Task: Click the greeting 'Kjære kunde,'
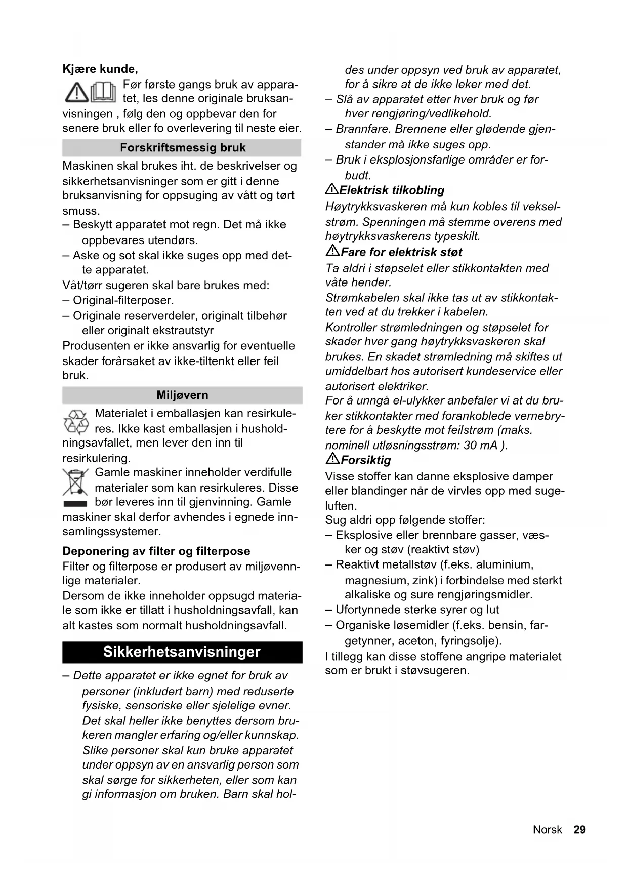point(100,69)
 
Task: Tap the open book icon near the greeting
point(104,92)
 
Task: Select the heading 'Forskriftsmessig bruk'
point(183,148)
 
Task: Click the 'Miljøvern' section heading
point(182,395)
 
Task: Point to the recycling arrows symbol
point(76,422)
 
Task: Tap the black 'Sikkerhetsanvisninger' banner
point(182,652)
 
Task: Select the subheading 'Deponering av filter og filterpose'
point(156,551)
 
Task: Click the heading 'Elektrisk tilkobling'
point(392,190)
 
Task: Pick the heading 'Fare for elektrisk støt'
point(401,252)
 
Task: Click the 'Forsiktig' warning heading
point(366,460)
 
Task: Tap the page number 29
point(579,830)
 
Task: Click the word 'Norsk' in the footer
point(547,830)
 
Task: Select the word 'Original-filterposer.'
point(123,301)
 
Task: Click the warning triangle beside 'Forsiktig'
point(332,459)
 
